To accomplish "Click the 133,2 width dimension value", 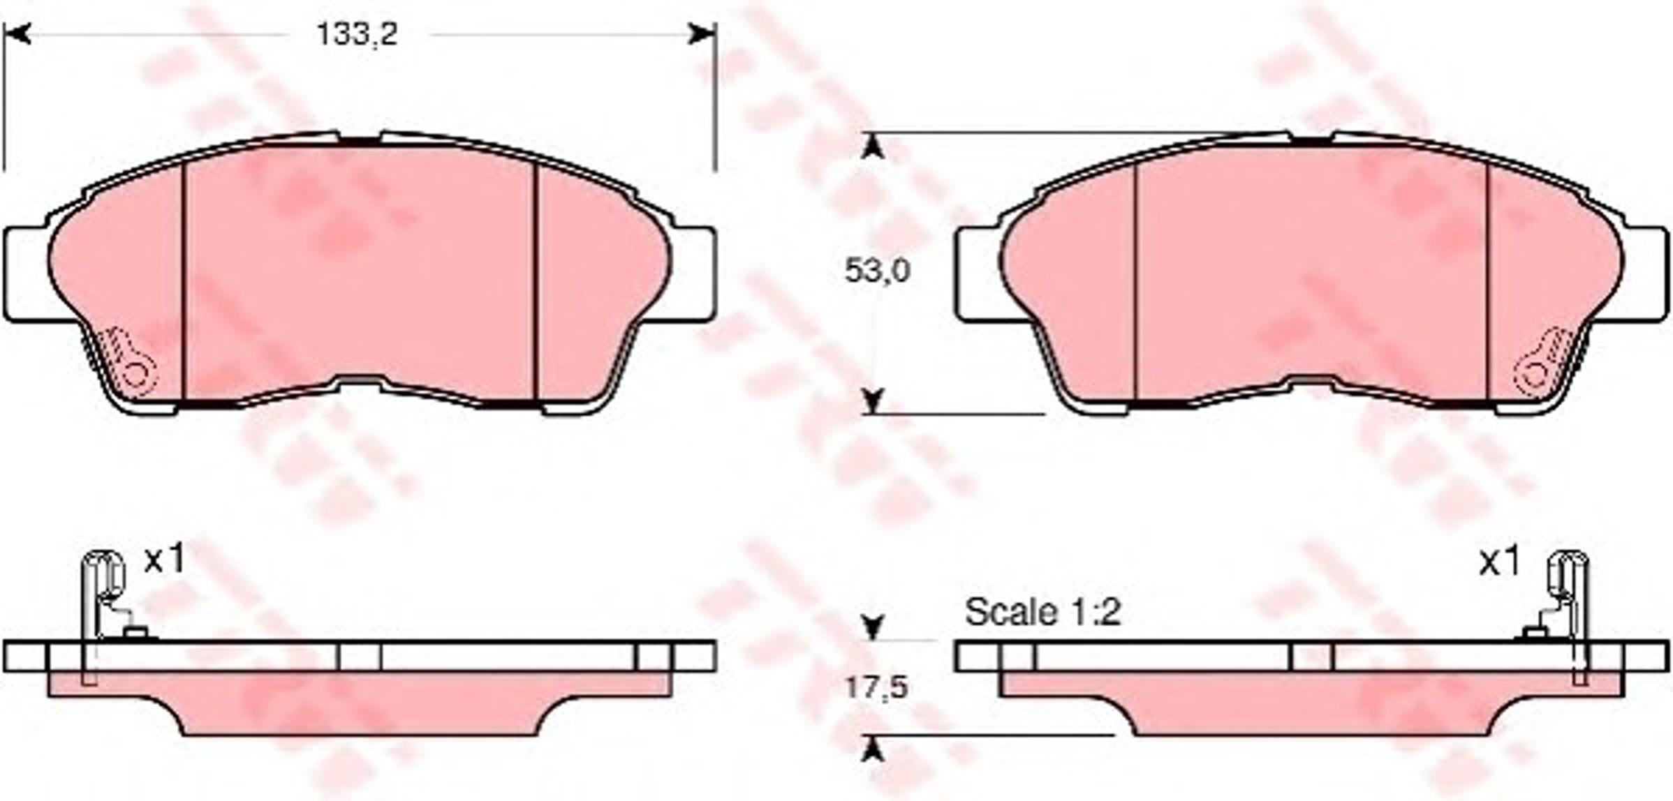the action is [x=357, y=33].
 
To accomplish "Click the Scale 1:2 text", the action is [x=1042, y=613].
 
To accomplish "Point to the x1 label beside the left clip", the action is [x=165, y=560].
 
